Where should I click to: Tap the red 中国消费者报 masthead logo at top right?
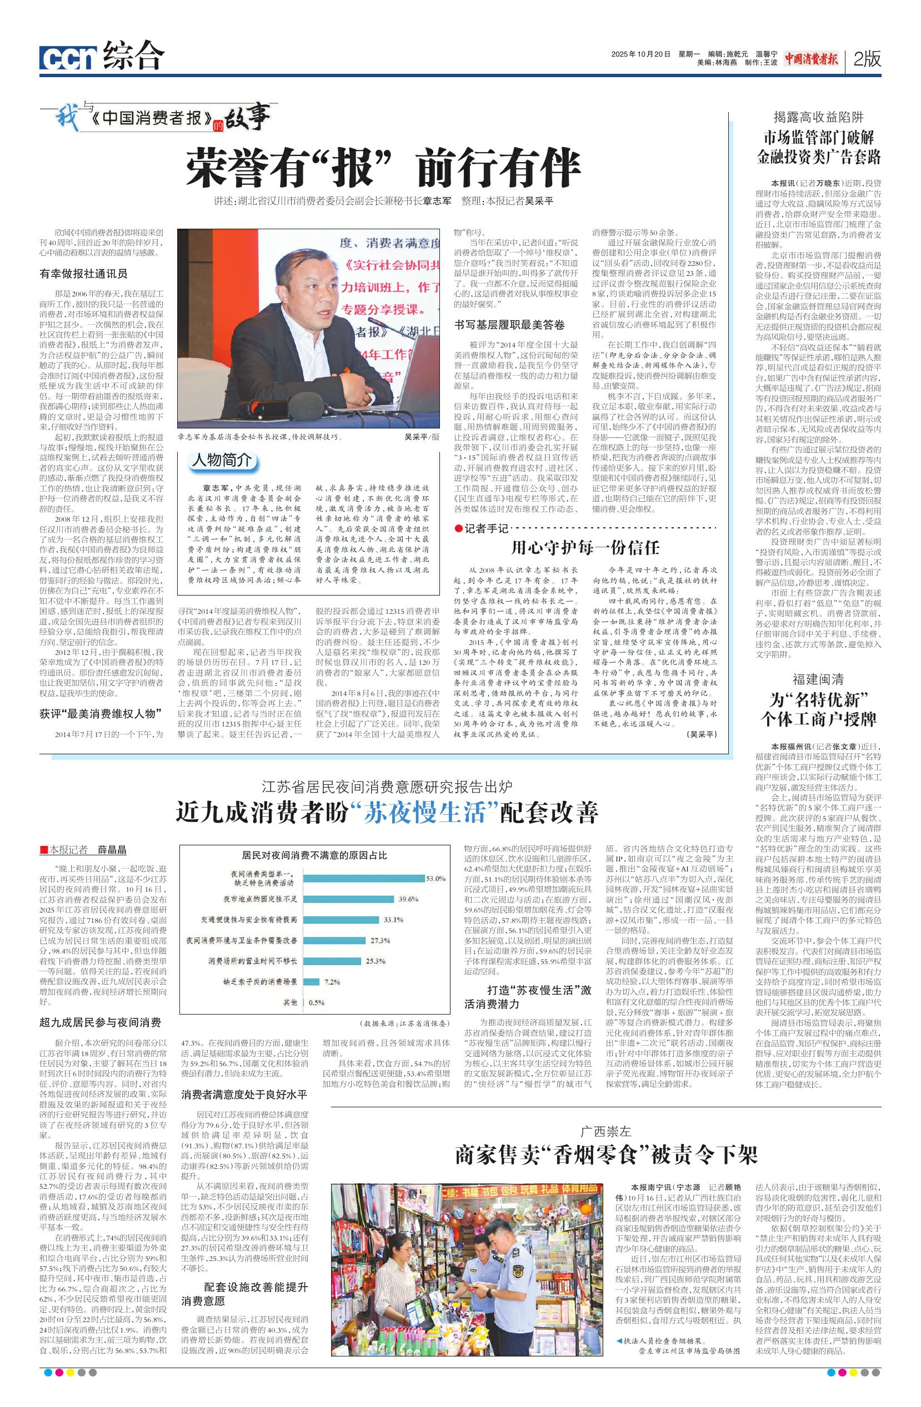click(812, 58)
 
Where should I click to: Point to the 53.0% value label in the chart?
click(436, 879)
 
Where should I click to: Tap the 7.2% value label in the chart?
click(332, 982)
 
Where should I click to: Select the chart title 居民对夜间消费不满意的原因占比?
click(314, 855)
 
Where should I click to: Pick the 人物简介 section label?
click(222, 460)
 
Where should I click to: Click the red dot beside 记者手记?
click(458, 528)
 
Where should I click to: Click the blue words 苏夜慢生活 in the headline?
click(430, 812)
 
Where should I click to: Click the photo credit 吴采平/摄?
click(422, 437)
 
